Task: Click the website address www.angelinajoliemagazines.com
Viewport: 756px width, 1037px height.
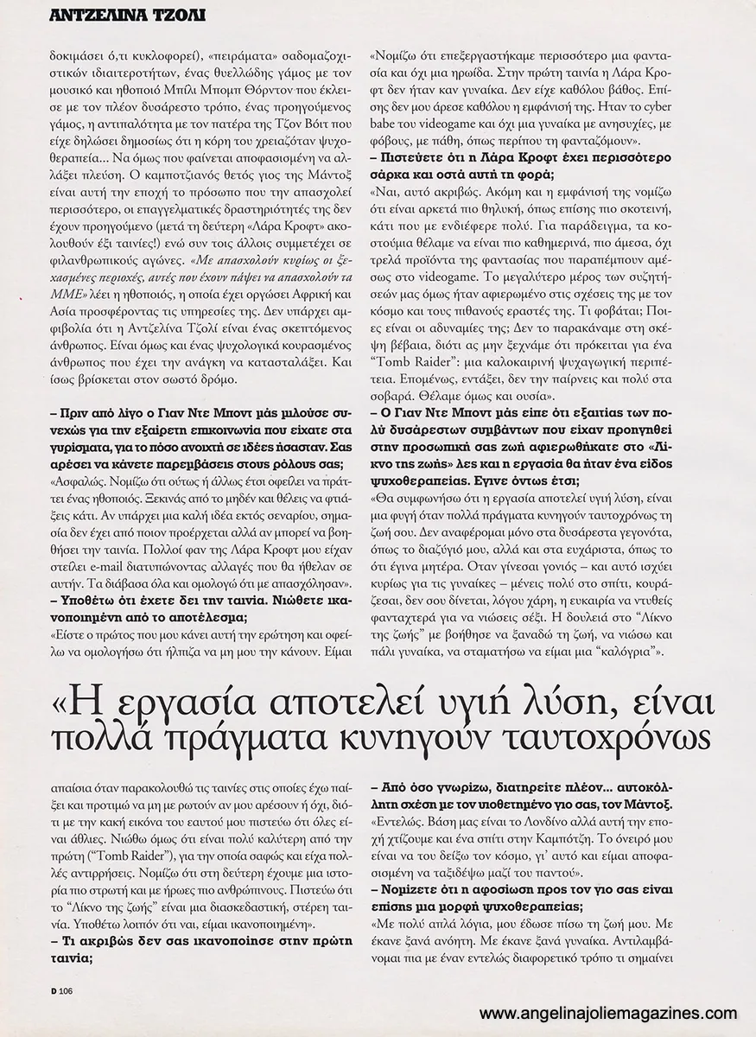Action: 608,1014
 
